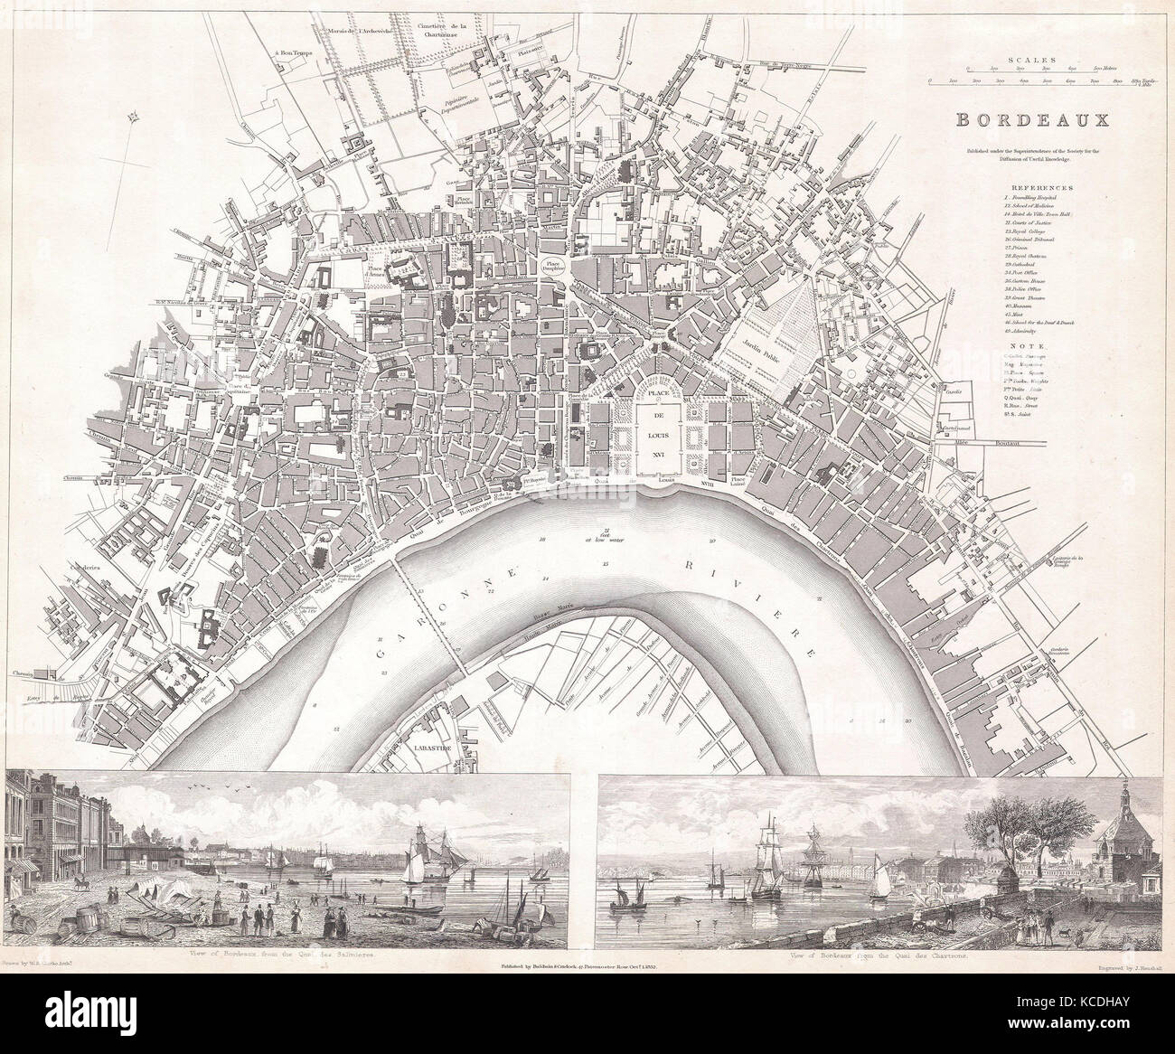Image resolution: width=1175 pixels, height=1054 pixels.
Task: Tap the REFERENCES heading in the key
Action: pos(1037,187)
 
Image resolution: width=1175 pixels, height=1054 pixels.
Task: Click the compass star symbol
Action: pos(134,115)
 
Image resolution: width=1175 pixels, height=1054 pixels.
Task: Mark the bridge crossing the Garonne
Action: pos(430,615)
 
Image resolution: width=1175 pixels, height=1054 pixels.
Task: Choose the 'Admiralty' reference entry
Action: pos(1030,332)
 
